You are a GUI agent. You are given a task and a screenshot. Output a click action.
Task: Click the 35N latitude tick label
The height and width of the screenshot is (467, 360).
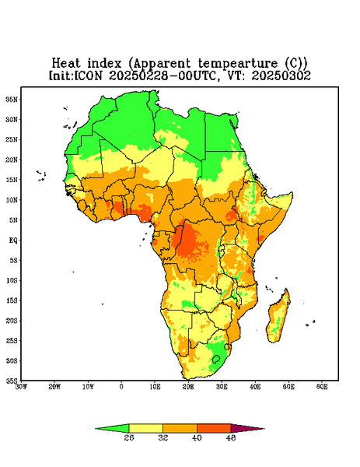(x=12, y=100)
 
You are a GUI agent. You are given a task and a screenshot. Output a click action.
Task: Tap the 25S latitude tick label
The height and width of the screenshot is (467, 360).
(x=12, y=340)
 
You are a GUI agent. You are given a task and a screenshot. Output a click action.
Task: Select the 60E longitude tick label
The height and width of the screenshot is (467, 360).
(x=322, y=387)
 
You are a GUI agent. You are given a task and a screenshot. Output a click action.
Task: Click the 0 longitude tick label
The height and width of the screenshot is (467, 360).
(x=121, y=387)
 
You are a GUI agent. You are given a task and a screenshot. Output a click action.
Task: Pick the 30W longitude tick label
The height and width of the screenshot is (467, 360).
(x=21, y=387)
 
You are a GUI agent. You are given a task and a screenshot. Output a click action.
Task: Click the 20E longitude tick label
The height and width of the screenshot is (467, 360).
(x=188, y=387)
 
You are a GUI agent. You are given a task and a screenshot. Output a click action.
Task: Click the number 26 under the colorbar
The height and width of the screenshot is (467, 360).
(x=129, y=437)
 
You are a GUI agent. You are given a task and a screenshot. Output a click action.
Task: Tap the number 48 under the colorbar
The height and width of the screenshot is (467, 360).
(x=231, y=437)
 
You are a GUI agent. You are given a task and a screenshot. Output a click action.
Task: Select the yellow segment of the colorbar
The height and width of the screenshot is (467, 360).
(x=145, y=428)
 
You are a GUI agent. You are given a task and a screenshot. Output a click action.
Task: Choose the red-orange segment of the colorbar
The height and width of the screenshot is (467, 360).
(x=214, y=428)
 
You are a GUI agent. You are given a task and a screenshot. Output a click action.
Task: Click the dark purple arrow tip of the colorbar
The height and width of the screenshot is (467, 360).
(x=247, y=429)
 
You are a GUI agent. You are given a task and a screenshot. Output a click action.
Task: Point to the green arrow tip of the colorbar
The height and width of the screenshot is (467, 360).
(x=112, y=429)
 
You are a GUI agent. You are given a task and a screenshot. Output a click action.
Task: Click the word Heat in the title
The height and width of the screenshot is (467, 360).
(x=66, y=64)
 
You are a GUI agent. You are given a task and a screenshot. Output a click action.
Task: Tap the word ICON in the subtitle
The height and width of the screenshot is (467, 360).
(x=88, y=75)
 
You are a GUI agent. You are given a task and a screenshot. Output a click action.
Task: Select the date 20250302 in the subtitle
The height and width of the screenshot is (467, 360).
(x=281, y=75)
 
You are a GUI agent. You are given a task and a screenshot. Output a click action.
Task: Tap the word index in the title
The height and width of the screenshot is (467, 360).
(x=104, y=64)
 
